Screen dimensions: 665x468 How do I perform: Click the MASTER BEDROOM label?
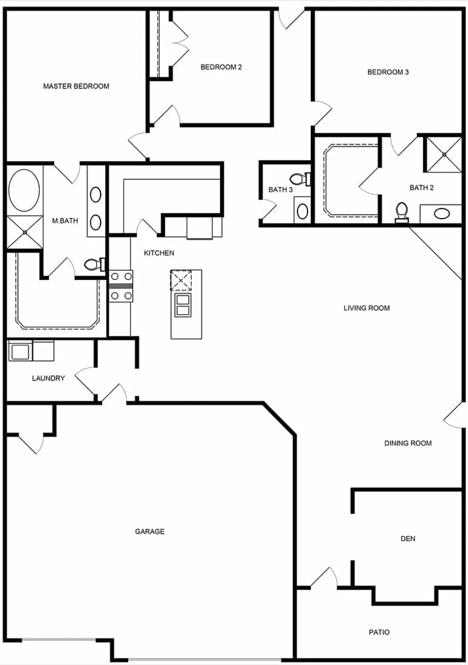pos(76,86)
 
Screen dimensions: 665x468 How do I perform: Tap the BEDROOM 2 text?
pos(221,67)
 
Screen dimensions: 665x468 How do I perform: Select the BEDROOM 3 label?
pos(388,72)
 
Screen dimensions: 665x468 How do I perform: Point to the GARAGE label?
pos(150,531)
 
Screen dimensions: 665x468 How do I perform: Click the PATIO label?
pos(379,632)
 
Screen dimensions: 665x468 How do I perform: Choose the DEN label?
pos(408,538)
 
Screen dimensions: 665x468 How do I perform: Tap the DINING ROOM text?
pos(408,443)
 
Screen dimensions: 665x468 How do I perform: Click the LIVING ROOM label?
pos(367,308)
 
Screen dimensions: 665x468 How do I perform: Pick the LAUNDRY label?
pos(48,378)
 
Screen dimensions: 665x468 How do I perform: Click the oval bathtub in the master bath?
pos(24,190)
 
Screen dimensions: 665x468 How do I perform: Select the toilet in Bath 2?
pos(402,212)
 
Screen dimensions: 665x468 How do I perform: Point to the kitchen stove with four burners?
pos(121,286)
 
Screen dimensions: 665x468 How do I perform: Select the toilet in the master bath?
pos(94,265)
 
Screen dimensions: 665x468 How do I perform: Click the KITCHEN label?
pos(159,253)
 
